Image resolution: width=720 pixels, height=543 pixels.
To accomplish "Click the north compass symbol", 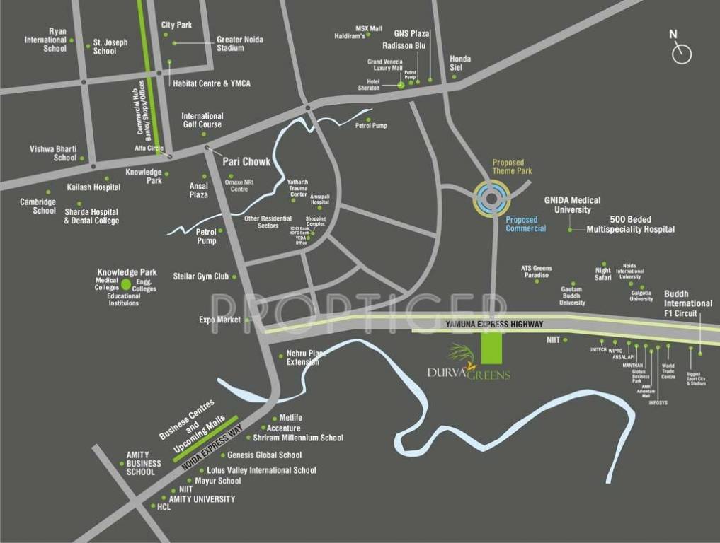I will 681,52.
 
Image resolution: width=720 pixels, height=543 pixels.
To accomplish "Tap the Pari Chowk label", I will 246,162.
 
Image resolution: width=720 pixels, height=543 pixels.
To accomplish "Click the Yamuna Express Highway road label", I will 494,324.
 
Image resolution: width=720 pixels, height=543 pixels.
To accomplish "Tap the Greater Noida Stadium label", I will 240,44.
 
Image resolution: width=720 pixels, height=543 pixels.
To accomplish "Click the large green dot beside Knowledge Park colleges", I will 126,284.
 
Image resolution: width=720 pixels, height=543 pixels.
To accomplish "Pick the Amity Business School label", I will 144,463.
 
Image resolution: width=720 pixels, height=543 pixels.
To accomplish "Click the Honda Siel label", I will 460,63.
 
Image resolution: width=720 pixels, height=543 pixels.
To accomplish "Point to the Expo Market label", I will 219,320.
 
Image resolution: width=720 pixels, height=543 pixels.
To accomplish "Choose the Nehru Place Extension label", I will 307,357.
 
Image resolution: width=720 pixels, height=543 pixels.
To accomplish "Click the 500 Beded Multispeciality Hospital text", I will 630,224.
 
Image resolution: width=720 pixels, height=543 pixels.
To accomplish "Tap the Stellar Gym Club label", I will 201,276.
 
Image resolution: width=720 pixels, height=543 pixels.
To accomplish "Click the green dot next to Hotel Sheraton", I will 401,85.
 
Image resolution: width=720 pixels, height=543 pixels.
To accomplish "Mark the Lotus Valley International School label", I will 261,470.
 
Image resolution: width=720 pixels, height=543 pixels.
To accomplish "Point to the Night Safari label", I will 602,274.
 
